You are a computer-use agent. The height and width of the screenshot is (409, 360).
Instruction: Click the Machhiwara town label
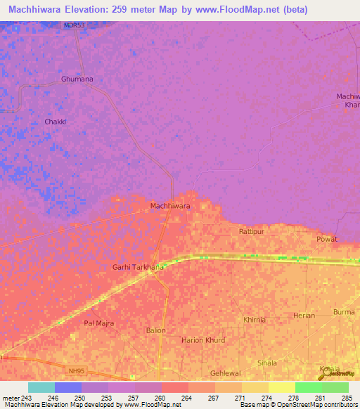point(170,206)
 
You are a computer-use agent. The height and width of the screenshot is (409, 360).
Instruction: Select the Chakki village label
point(55,122)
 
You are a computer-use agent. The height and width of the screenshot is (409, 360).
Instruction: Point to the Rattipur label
point(250,231)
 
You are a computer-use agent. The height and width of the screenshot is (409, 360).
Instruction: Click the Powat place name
point(327,239)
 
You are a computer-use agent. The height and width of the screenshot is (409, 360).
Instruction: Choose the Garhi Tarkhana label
point(138,267)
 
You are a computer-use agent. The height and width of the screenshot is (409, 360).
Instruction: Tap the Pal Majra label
point(98,323)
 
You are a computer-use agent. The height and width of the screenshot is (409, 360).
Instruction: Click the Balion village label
point(155,330)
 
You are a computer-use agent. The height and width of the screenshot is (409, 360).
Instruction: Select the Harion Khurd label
point(203,340)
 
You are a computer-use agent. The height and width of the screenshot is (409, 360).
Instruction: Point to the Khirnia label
point(254,320)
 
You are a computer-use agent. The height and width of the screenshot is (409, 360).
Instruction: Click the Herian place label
point(304,316)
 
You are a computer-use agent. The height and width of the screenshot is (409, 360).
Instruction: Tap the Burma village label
point(344,311)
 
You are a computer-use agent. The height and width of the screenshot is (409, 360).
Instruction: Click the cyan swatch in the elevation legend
point(41,387)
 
